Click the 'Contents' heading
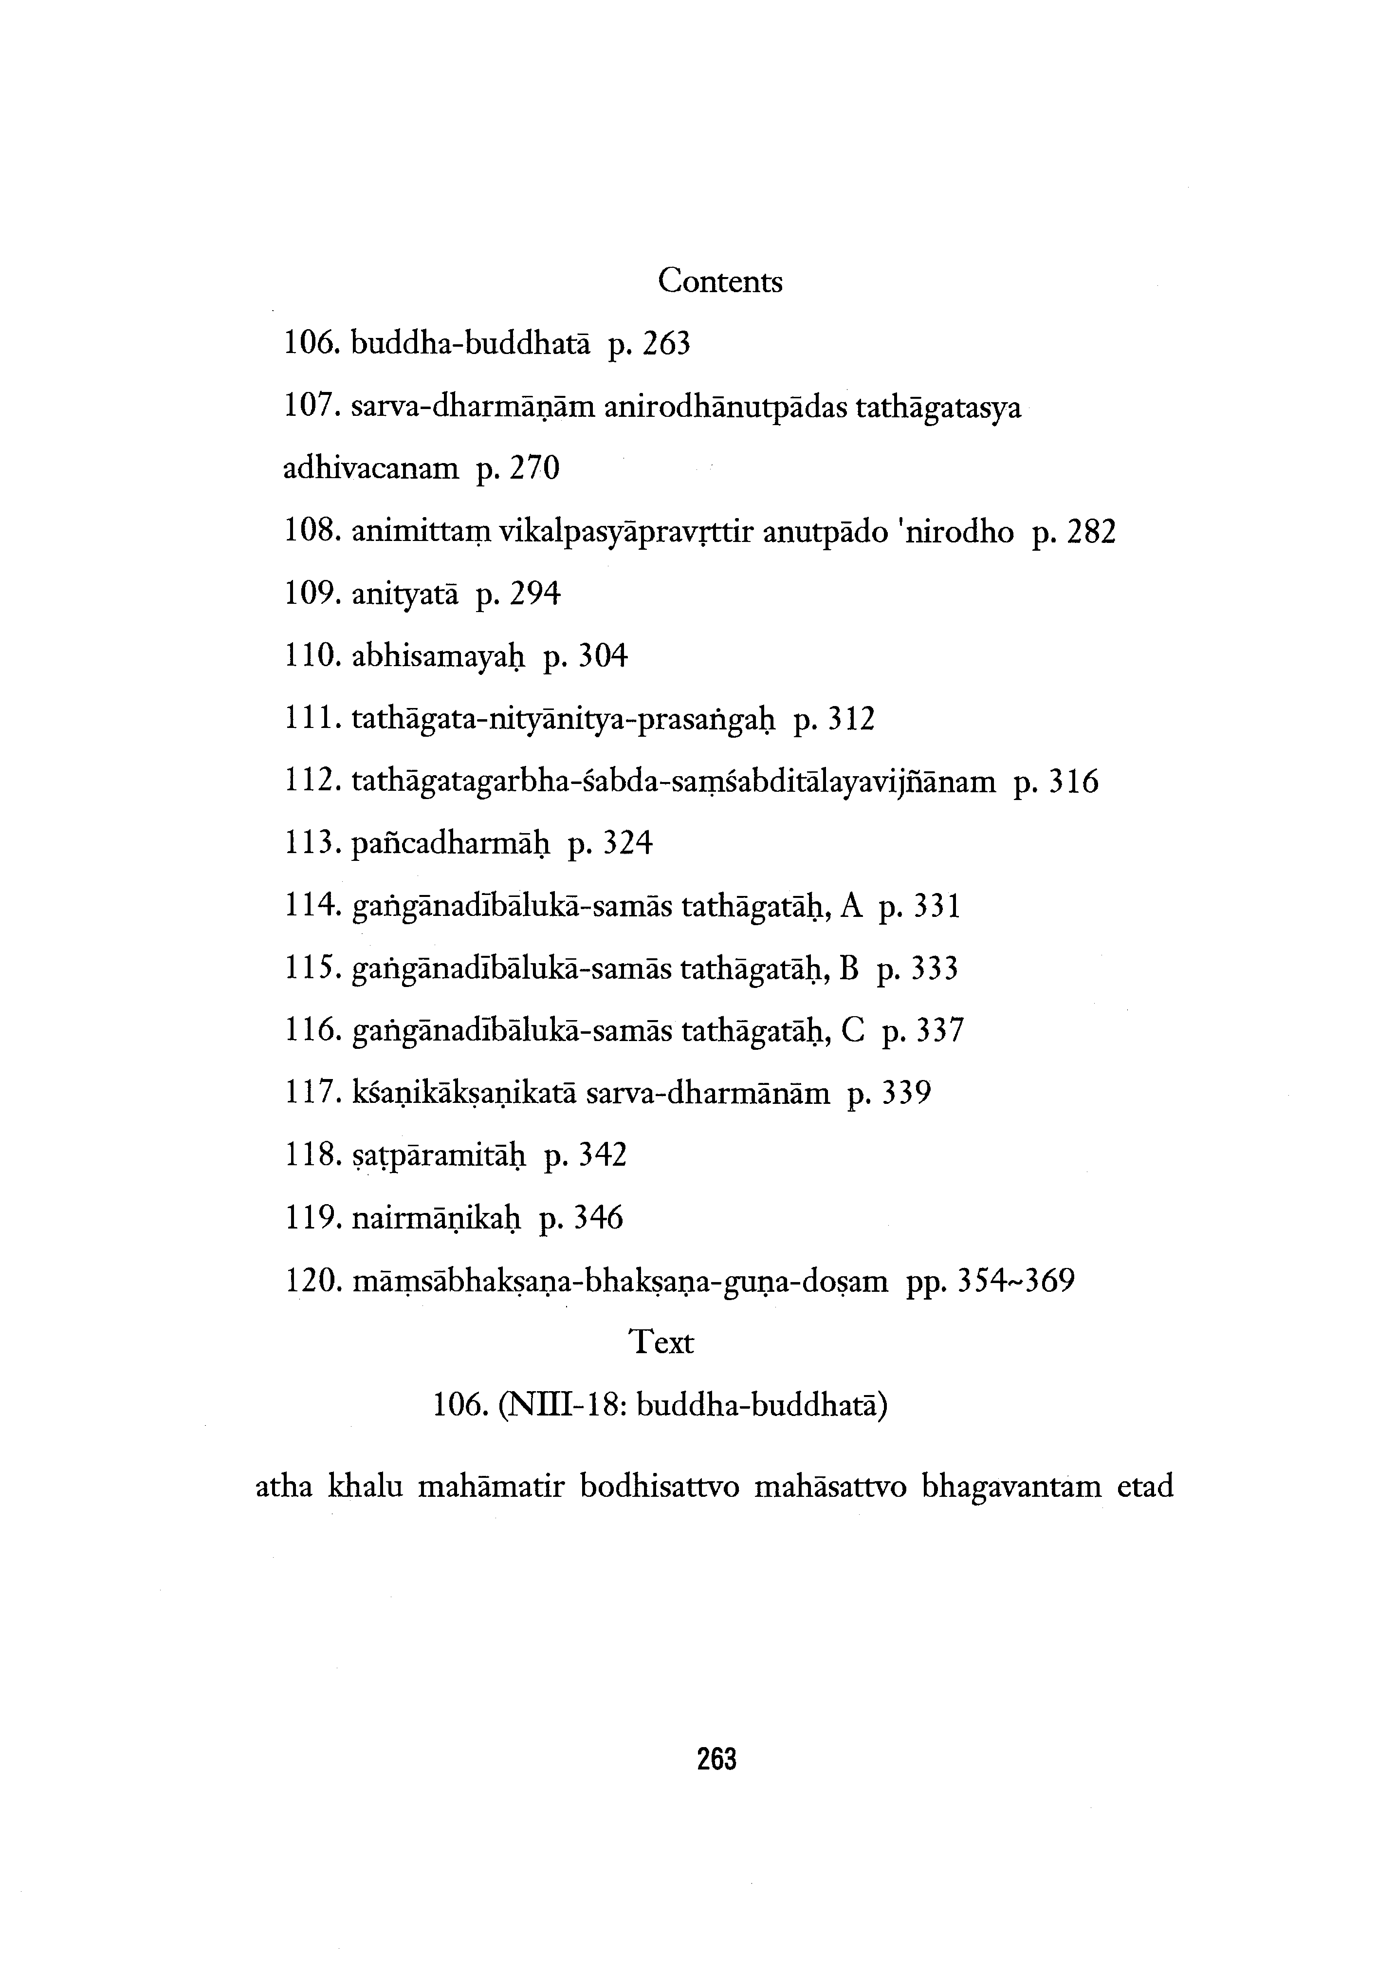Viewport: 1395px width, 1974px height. tap(720, 281)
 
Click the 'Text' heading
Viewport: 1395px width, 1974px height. tap(661, 1341)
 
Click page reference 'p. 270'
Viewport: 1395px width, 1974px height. tap(516, 468)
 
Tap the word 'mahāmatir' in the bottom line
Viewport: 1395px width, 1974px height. tap(489, 1487)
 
